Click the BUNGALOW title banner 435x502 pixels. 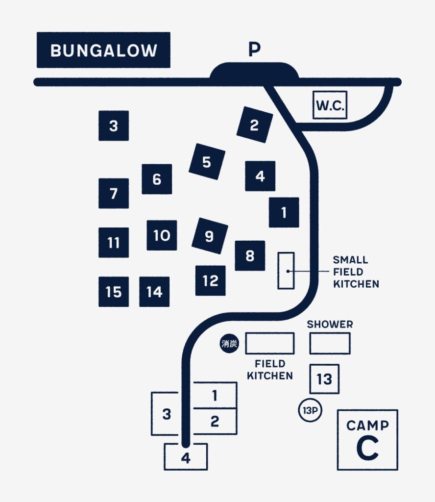click(103, 50)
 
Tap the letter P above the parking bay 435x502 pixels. click(255, 50)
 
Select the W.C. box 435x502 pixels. click(330, 105)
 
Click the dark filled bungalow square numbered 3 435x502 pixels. click(114, 126)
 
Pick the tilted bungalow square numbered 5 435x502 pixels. click(207, 161)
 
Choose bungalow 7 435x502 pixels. click(114, 193)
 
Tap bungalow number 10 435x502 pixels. click(162, 235)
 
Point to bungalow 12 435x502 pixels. click(211, 280)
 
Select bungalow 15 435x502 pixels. click(114, 292)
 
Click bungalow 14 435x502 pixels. click(154, 292)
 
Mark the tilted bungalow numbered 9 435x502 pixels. click(210, 236)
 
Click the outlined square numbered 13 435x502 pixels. click(324, 379)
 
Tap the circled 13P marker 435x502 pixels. click(310, 410)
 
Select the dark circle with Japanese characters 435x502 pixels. click(229, 344)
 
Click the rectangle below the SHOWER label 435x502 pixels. click(330, 344)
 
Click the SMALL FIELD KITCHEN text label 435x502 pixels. click(356, 272)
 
